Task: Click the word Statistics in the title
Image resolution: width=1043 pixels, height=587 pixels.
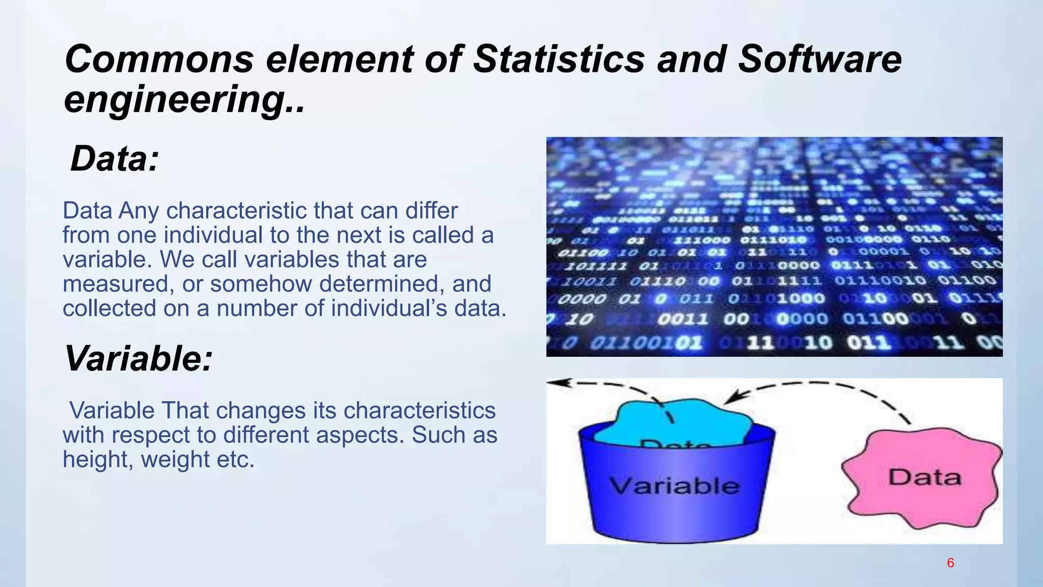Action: coord(559,59)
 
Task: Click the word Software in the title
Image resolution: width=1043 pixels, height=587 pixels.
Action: coord(819,59)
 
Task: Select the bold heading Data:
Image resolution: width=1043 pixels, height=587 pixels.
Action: coord(115,158)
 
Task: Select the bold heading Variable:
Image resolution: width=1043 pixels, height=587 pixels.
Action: coord(138,358)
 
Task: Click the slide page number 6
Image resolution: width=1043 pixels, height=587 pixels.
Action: coord(950,563)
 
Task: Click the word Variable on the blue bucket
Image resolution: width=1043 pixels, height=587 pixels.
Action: coord(674,486)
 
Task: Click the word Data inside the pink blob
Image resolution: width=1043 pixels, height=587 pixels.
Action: coord(925,477)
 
